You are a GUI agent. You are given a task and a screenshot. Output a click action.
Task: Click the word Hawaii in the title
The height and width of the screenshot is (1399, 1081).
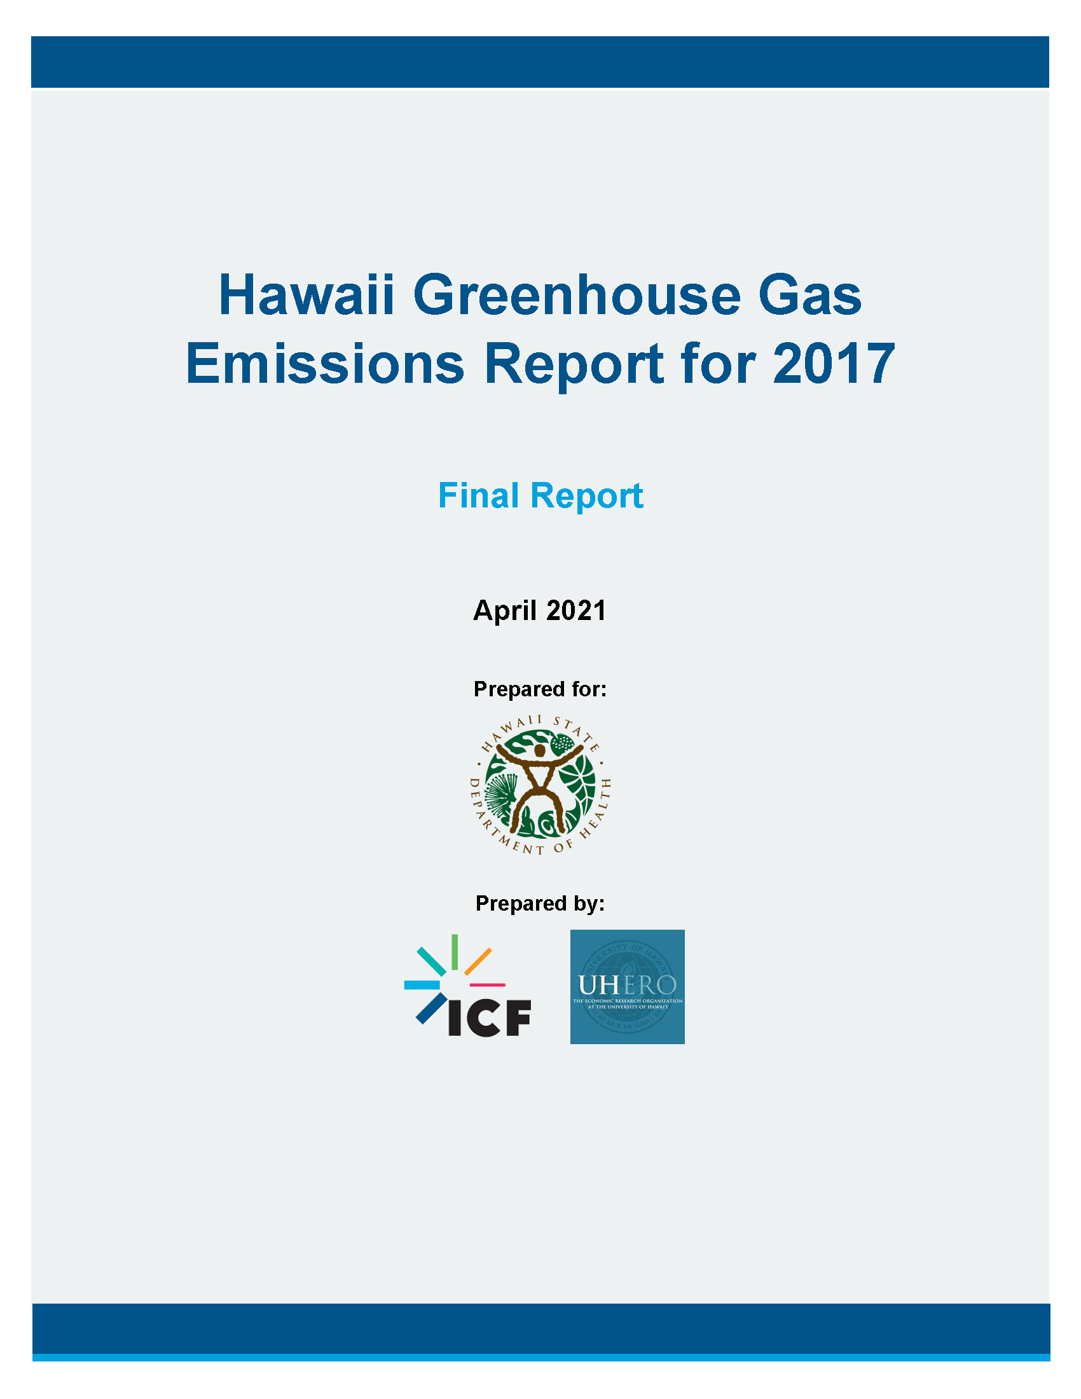coord(306,295)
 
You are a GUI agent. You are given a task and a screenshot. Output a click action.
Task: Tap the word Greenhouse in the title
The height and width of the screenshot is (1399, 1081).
coord(576,295)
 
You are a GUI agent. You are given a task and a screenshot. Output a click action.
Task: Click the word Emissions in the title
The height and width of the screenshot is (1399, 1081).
coord(325,363)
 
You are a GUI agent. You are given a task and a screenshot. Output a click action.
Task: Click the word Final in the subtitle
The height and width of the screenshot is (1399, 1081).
coord(478,496)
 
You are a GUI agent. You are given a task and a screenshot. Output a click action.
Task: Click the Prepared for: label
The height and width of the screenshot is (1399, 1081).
coord(540,689)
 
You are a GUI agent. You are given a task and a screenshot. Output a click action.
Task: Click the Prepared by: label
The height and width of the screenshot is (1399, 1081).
coord(540,903)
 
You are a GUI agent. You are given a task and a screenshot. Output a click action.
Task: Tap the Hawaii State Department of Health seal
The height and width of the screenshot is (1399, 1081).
coord(540,785)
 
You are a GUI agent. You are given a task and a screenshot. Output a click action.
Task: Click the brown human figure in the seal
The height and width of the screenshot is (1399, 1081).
coord(539,785)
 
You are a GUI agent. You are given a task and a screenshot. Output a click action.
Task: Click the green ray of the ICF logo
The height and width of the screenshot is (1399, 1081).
coord(454,952)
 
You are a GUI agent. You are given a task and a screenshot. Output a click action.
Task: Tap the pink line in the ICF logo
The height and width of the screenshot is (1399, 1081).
coord(487,984)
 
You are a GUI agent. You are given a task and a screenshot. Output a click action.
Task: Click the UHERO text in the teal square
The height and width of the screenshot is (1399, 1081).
coord(627,985)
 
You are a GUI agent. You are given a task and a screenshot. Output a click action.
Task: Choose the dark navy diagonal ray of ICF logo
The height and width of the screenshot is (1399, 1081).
coord(431,1008)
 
